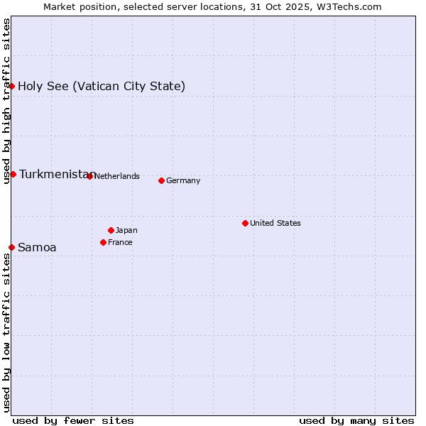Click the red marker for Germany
click(x=161, y=180)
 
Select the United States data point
click(x=245, y=223)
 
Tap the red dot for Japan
click(x=111, y=230)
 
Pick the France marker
click(x=103, y=242)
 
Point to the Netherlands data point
click(x=89, y=176)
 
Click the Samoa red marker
click(x=11, y=247)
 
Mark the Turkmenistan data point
click(x=13, y=174)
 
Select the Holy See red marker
click(x=11, y=86)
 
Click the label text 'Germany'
click(x=183, y=180)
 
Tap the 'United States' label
click(x=275, y=223)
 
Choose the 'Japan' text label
click(x=126, y=230)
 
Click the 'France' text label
click(x=120, y=242)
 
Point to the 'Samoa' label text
click(x=37, y=247)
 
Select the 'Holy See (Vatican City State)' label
click(x=102, y=86)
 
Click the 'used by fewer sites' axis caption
click(x=73, y=420)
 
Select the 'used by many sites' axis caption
click(x=356, y=420)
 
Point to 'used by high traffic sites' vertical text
click(x=6, y=101)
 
